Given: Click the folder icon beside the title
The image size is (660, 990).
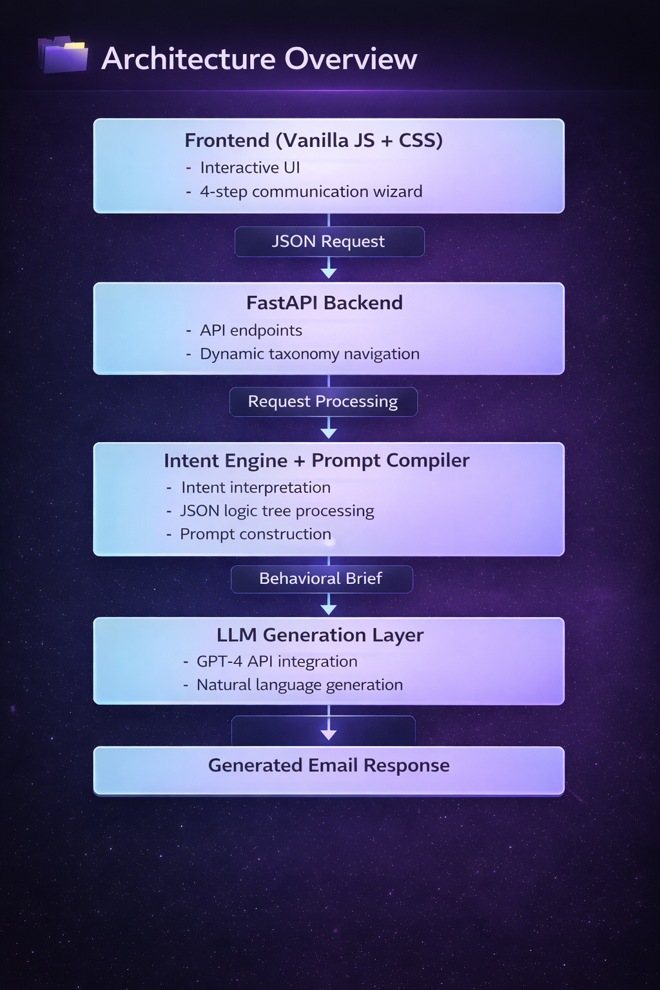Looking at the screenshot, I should pos(63,55).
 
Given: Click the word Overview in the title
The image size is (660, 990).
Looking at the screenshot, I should pos(351,59).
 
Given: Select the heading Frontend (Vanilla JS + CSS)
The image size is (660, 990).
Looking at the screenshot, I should pos(313,141).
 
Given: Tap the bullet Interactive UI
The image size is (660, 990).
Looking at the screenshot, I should pos(250,168).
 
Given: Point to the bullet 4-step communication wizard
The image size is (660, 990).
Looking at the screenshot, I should pos(311,191).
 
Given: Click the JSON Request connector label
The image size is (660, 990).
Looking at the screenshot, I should pos(329,242).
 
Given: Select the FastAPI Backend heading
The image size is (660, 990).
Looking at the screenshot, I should pos(324,303).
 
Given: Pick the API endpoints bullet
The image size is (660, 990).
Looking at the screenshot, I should pos(251,331).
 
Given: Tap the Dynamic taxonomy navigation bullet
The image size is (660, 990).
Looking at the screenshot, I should pos(309,354).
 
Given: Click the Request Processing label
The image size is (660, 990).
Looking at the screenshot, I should pos(323,402).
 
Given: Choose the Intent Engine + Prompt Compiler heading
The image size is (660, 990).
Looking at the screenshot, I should pos(316,461).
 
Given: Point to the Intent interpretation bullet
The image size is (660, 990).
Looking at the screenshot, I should pos(256,488).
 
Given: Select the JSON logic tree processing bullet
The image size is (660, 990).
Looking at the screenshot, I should pos(277,511).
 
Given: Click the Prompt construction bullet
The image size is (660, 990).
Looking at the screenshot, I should pos(255,534).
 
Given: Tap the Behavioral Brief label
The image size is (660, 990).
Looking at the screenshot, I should pos(321,579).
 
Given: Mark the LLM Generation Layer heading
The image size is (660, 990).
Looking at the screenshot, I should pos(320,636).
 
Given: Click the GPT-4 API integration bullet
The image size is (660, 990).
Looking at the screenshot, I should pos(277,662).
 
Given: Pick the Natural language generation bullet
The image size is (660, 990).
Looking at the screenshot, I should pos(300,685).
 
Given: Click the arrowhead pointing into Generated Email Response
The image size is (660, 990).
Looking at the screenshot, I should pos(329,735).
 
